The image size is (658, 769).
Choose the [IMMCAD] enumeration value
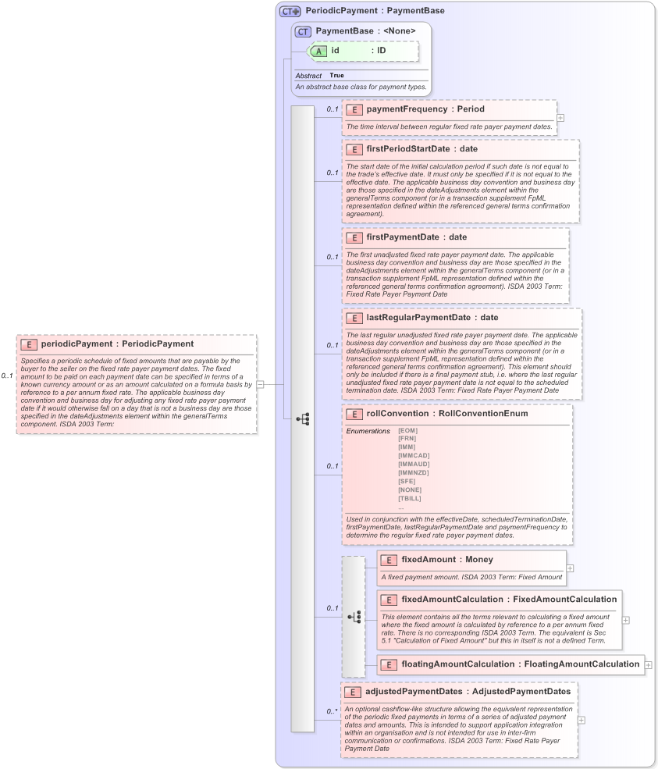pyautogui.click(x=414, y=455)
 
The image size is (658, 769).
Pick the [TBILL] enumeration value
pyautogui.click(x=411, y=498)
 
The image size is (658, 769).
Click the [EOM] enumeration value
pyautogui.click(x=408, y=430)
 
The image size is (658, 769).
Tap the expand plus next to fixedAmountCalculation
pyautogui.click(x=626, y=619)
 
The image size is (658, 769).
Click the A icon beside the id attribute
pyautogui.click(x=318, y=51)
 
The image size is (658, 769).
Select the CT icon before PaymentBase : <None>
pyautogui.click(x=303, y=31)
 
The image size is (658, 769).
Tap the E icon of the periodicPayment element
pyautogui.click(x=28, y=344)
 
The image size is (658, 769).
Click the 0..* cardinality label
pyautogui.click(x=332, y=711)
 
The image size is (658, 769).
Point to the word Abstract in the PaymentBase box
pyautogui.click(x=308, y=76)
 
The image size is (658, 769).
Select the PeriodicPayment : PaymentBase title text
pyautogui.click(x=375, y=11)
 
